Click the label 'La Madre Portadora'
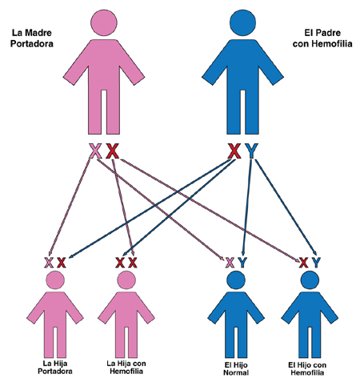[x=32, y=38]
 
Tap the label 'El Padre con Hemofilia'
[x=322, y=38]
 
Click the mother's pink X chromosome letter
[x=95, y=151]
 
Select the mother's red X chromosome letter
[x=112, y=151]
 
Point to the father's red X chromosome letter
[x=234, y=151]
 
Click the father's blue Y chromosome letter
[x=251, y=151]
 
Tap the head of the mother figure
[x=104, y=22]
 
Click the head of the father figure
[x=242, y=22]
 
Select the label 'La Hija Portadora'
[x=55, y=368]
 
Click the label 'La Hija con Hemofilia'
[x=126, y=368]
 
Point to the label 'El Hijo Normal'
[x=236, y=368]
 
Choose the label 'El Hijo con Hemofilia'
[x=307, y=368]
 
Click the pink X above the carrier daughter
[x=49, y=263]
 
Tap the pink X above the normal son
[x=230, y=263]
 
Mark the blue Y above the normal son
[x=242, y=263]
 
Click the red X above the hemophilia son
[x=303, y=263]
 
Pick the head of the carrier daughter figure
[x=55, y=280]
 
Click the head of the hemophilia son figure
[x=310, y=280]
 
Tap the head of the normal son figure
[x=236, y=280]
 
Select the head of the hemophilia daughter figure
[x=126, y=280]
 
